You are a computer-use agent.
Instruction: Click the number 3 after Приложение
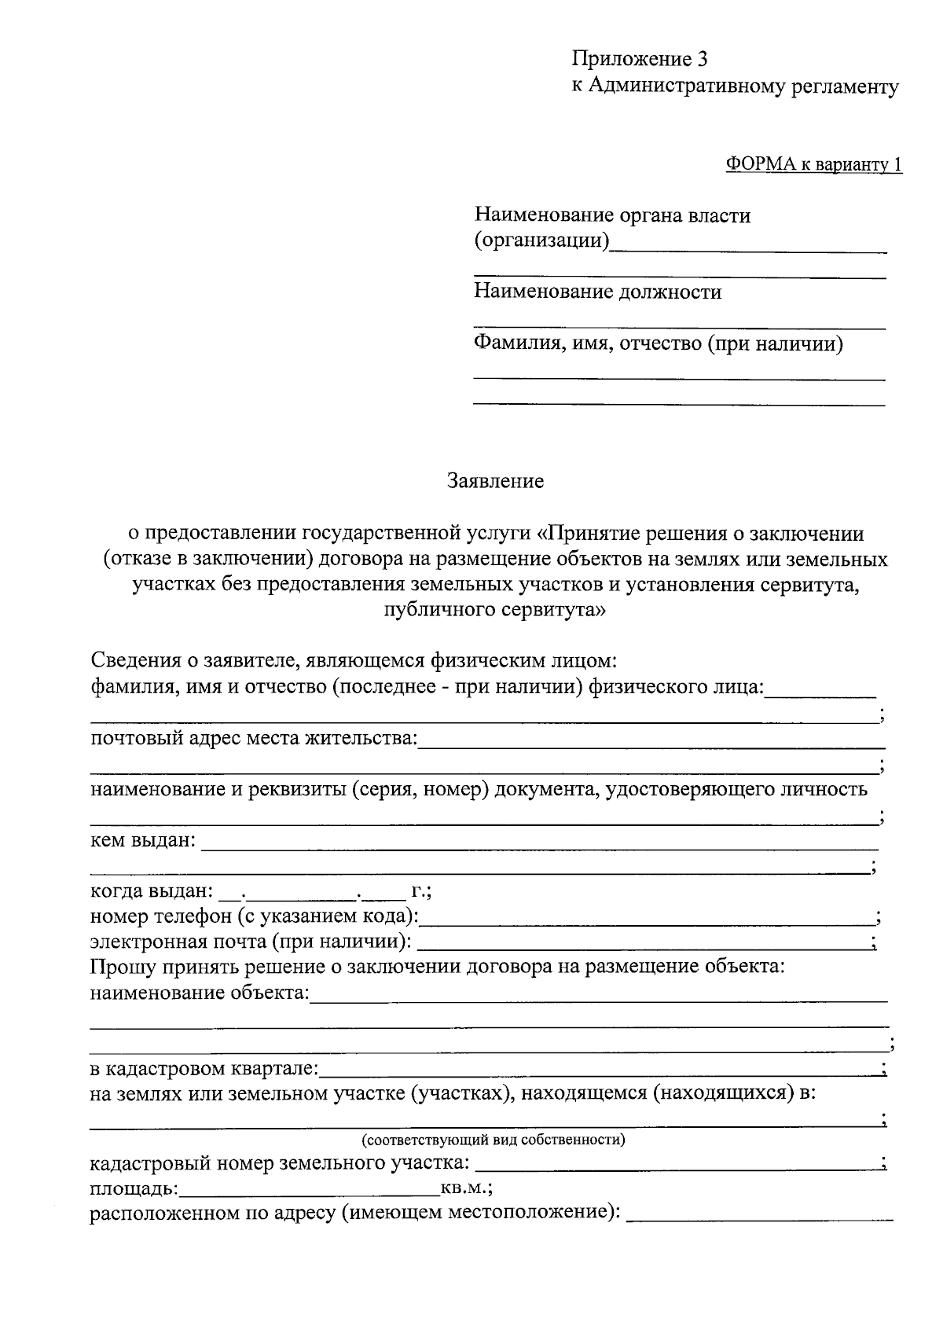[x=702, y=60]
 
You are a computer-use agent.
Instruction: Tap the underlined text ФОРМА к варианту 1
[x=813, y=165]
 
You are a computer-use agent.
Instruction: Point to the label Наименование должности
[x=597, y=292]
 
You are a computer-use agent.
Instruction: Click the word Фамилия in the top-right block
[x=512, y=343]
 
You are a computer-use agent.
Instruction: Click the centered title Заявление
[x=495, y=481]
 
